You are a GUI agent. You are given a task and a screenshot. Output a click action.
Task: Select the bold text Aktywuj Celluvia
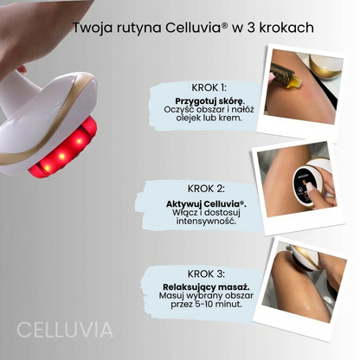point(206,203)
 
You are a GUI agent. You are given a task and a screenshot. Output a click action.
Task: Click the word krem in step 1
point(226,120)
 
